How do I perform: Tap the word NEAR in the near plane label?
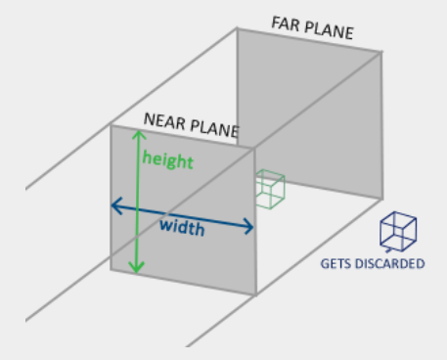[x=164, y=120]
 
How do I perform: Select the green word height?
[x=168, y=159]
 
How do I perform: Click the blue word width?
[x=182, y=227]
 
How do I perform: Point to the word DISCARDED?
[x=389, y=264]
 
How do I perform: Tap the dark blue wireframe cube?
[x=398, y=232]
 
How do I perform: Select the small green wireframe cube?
[x=270, y=189]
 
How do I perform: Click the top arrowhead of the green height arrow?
[x=139, y=134]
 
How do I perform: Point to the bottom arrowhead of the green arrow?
[x=137, y=268]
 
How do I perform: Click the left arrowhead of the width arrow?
[x=116, y=205]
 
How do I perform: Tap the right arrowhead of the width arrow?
[x=249, y=227]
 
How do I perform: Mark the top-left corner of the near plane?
[x=112, y=125]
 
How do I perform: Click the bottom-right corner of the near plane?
[x=255, y=294]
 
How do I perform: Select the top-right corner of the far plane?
[x=381, y=52]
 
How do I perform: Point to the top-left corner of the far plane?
[x=237, y=28]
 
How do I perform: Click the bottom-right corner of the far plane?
[x=381, y=199]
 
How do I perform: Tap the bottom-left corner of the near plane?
[x=112, y=269]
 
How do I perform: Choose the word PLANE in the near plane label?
[x=214, y=128]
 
